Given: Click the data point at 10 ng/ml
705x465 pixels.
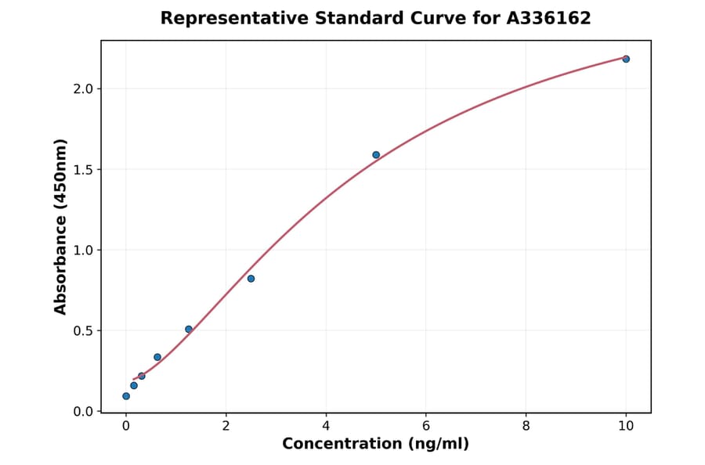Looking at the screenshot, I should pyautogui.click(x=626, y=59).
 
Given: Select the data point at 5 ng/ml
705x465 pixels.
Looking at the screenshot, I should pyautogui.click(x=376, y=155).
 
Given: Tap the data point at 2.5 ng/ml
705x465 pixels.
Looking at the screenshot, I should pyautogui.click(x=251, y=279).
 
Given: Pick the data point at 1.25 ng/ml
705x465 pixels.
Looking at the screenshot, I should pyautogui.click(x=189, y=329).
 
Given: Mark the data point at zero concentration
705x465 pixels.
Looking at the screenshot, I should pyautogui.click(x=126, y=396).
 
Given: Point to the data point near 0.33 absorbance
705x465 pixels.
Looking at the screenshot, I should pyautogui.click(x=157, y=357).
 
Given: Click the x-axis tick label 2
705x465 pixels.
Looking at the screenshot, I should pyautogui.click(x=226, y=427).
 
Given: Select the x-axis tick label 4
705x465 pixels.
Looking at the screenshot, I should pyautogui.click(x=326, y=427).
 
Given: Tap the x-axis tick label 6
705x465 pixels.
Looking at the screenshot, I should pyautogui.click(x=425, y=427).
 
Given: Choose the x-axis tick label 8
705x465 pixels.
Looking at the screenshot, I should pyautogui.click(x=526, y=427).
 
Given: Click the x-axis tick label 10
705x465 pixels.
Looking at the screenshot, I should pyautogui.click(x=626, y=427).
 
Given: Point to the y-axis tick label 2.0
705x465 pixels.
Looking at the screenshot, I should pyautogui.click(x=83, y=88).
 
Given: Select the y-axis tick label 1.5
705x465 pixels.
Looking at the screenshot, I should pyautogui.click(x=83, y=169).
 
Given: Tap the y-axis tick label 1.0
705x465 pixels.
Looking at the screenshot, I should pyautogui.click(x=83, y=250).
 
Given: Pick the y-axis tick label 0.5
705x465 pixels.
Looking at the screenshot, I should pyautogui.click(x=83, y=330).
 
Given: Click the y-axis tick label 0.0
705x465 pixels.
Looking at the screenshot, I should pyautogui.click(x=83, y=411).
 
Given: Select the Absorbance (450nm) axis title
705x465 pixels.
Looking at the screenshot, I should pyautogui.click(x=61, y=226).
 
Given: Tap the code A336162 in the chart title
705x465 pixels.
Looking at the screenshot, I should pyautogui.click(x=548, y=18).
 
